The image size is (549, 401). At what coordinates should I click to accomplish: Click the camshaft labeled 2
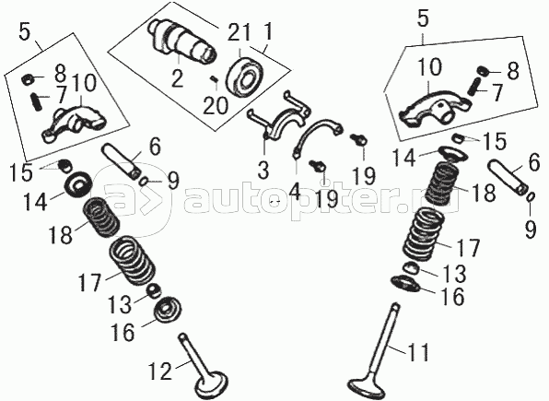pyautogui.click(x=182, y=42)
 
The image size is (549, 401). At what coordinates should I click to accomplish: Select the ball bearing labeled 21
pyautogui.click(x=244, y=76)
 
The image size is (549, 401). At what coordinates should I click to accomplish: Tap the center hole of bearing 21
pyautogui.click(x=247, y=77)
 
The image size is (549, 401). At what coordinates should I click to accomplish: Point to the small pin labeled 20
pyautogui.click(x=214, y=79)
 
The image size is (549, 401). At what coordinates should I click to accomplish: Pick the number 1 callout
pyautogui.click(x=268, y=32)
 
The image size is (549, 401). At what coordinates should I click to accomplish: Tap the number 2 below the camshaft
pyautogui.click(x=177, y=78)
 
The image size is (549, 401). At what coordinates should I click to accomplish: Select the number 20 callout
pyautogui.click(x=216, y=105)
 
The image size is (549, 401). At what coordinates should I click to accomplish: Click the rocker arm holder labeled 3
pyautogui.click(x=280, y=112)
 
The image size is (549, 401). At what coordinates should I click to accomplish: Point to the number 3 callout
pyautogui.click(x=263, y=171)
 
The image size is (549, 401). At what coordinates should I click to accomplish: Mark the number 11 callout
pyautogui.click(x=416, y=352)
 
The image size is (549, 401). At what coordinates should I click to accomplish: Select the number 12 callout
pyautogui.click(x=160, y=371)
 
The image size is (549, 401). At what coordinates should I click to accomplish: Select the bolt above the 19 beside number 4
pyautogui.click(x=318, y=165)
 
